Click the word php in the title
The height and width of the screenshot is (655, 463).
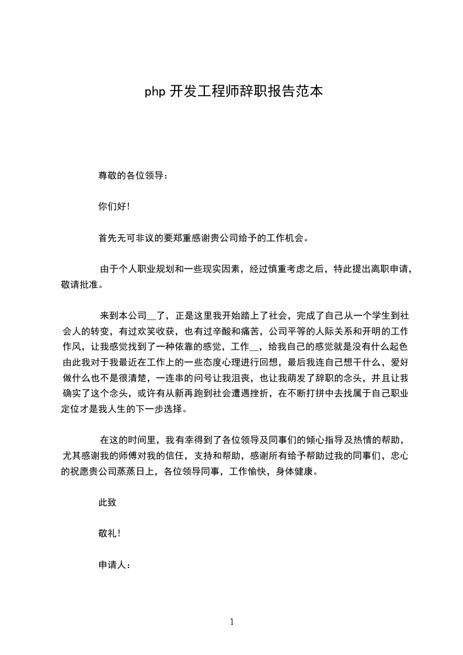coord(155,92)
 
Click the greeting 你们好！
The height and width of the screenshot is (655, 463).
coord(114,206)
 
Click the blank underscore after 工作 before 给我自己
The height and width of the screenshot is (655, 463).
coord(255,347)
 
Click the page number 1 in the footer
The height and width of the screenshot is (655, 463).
coord(232,622)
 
